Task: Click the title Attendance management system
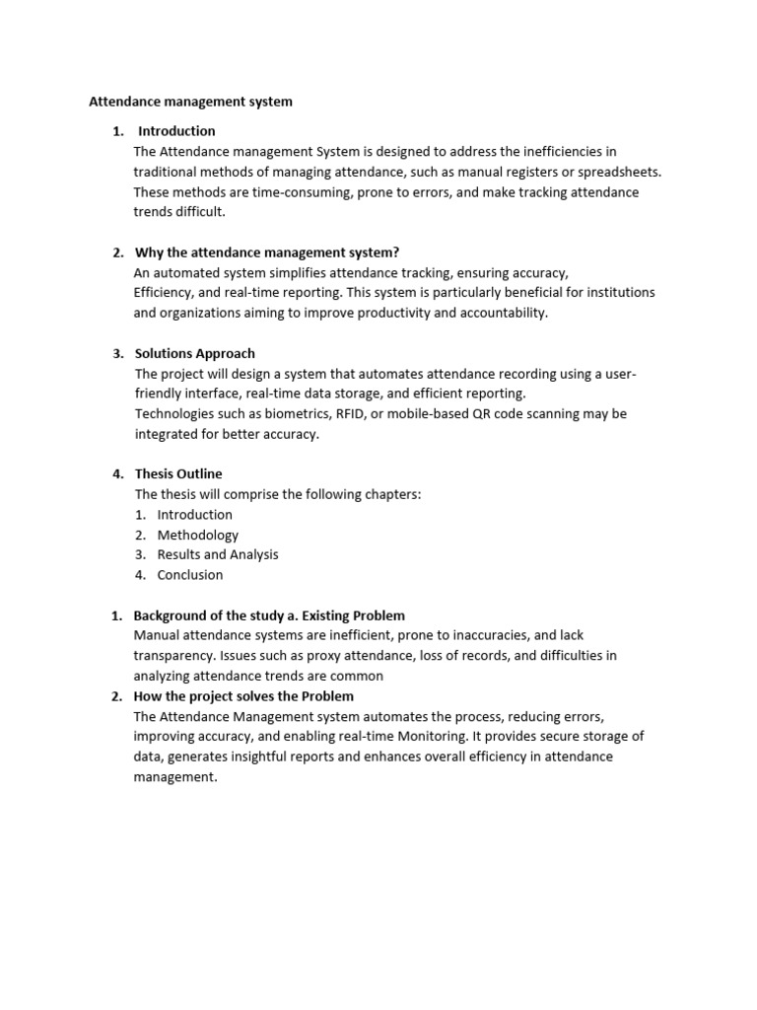pyautogui.click(x=191, y=101)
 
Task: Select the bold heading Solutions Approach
pyautogui.click(x=194, y=353)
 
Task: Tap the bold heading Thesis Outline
pyautogui.click(x=178, y=473)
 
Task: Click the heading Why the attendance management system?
pyautogui.click(x=266, y=252)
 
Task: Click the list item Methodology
pyautogui.click(x=197, y=535)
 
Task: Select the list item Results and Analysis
pyautogui.click(x=218, y=554)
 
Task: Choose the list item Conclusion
pyautogui.click(x=190, y=574)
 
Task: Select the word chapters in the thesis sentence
pyautogui.click(x=393, y=494)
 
